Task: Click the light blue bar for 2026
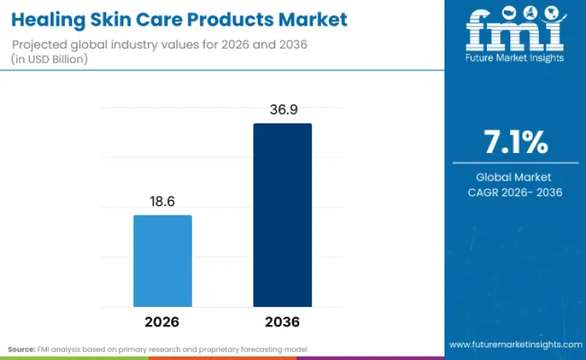[163, 261]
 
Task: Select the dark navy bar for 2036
[282, 215]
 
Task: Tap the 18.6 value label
[163, 201]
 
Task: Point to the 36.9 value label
[282, 109]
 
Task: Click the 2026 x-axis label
[163, 322]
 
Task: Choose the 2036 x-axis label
[282, 322]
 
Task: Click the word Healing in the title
[49, 17]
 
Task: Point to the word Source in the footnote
[23, 348]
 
